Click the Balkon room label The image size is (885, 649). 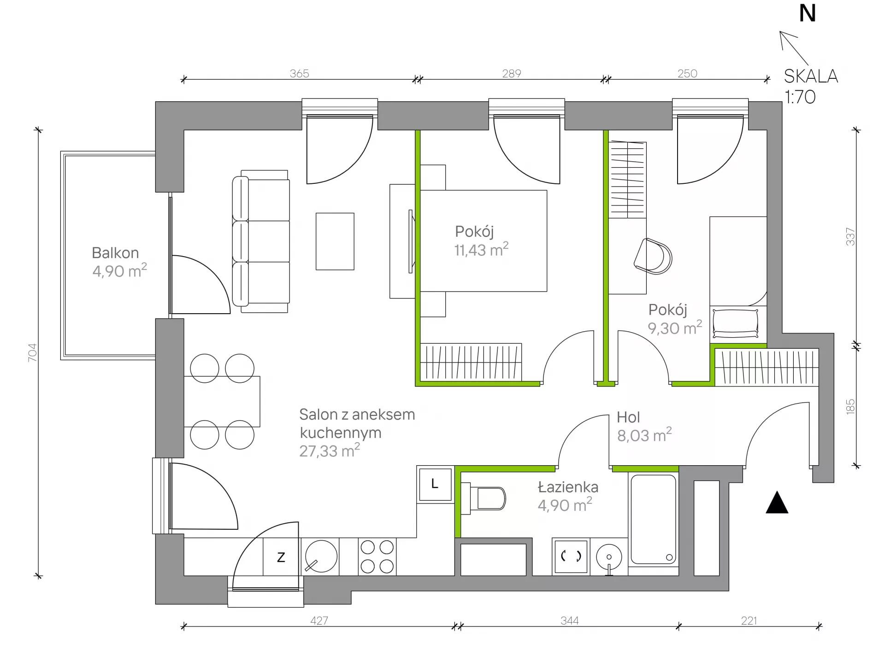(115, 253)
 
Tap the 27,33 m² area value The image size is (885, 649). (330, 450)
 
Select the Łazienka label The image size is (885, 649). (568, 487)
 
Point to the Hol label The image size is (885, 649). (628, 417)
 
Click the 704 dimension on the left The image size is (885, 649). (32, 352)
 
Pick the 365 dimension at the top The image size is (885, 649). (299, 73)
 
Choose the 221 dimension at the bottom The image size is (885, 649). (749, 620)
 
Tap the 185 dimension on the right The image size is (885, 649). (850, 407)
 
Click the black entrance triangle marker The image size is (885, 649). (777, 503)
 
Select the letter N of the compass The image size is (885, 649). (808, 13)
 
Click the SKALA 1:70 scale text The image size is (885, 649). (811, 86)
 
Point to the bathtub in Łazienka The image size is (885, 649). (653, 520)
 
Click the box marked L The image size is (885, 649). (435, 484)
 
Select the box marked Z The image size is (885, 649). (281, 557)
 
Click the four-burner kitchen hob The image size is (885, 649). (377, 556)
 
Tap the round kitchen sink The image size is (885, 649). (321, 556)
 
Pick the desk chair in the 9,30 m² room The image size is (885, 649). (653, 256)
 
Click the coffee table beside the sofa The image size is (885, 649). (335, 241)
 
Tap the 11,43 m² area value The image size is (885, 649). (481, 249)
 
